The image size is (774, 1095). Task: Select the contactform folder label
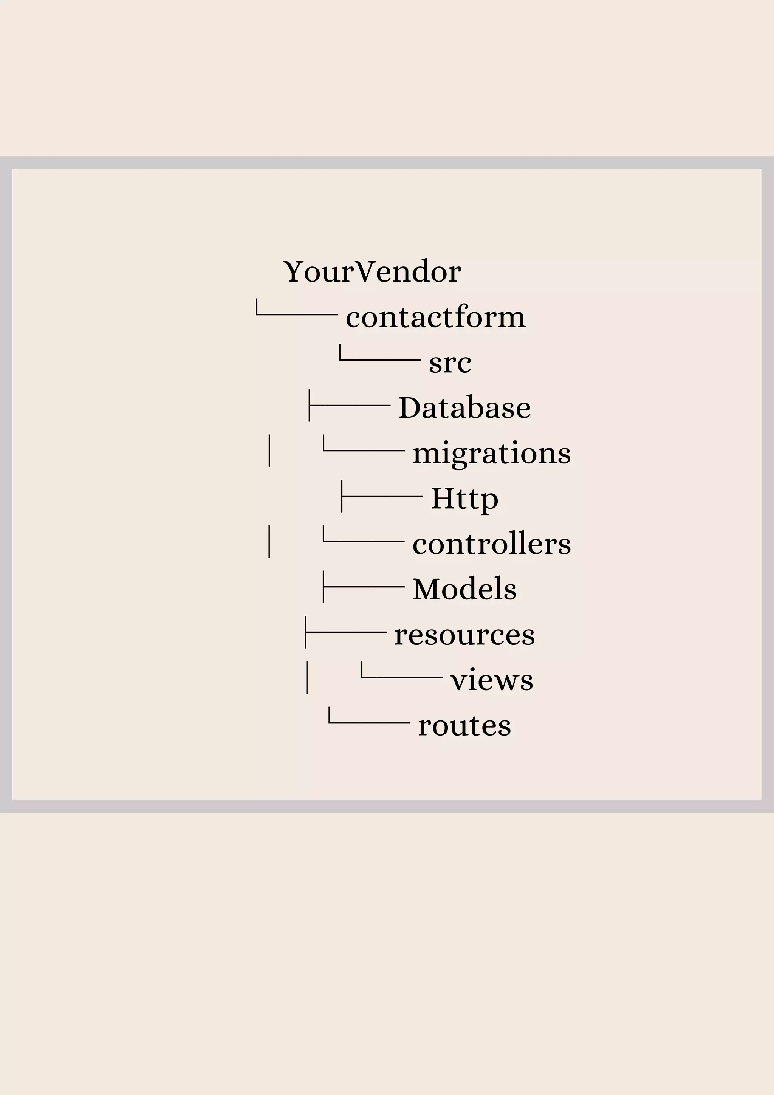point(435,317)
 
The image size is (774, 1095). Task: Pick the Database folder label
point(464,408)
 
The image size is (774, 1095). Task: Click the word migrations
point(491,454)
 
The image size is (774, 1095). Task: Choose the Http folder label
point(464,499)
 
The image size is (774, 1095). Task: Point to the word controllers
point(491,544)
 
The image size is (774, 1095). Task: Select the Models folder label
point(464,590)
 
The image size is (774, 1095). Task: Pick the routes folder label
point(464,726)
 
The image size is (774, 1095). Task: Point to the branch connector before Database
point(350,405)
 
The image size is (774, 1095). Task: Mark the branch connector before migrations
point(364,450)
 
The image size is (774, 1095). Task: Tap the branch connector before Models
point(364,587)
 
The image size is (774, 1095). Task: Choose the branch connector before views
point(401,676)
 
